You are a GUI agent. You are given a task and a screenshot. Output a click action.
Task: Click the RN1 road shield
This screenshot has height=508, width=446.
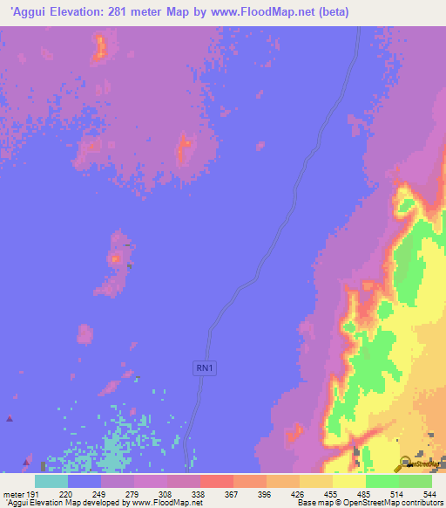tap(204, 369)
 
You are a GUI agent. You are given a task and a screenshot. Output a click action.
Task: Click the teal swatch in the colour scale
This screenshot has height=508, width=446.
tap(51, 481)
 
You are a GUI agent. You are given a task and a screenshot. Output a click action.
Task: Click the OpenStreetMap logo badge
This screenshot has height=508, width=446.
tap(419, 463)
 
